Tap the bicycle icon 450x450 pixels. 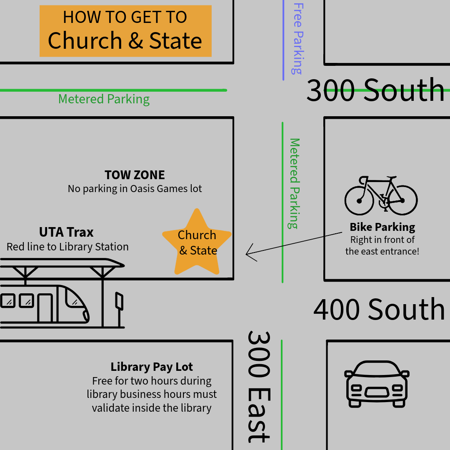[381, 195]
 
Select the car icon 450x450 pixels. [377, 384]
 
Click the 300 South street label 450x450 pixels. [375, 90]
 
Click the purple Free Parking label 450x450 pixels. [298, 39]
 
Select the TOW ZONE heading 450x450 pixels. [135, 175]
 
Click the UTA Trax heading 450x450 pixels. [66, 232]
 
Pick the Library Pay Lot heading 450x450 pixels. [152, 367]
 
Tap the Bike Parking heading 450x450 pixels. [382, 227]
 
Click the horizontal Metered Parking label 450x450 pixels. [104, 99]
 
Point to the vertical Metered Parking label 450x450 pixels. [294, 184]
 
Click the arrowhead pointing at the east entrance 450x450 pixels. [246, 254]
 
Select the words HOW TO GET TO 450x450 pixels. [125, 17]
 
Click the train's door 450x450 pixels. [45, 307]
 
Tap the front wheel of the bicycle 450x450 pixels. [402, 200]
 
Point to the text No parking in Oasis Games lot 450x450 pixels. [135, 189]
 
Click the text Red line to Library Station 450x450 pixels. [67, 247]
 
